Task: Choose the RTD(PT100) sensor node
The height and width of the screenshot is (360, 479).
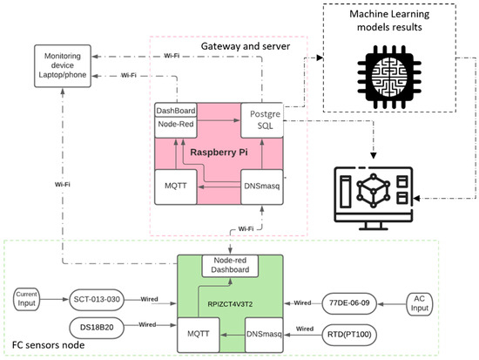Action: [356, 332]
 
